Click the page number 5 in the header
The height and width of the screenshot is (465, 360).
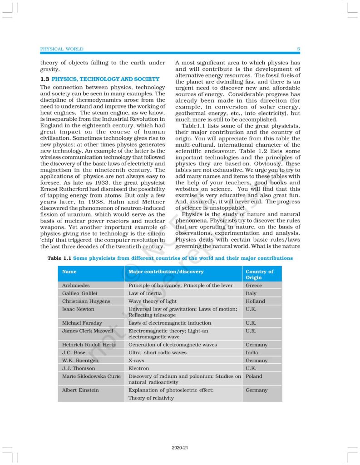pyautogui.click(x=298, y=49)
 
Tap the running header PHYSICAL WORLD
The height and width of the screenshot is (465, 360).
pyautogui.click(x=62, y=49)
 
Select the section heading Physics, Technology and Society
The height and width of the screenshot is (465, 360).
pyautogui.click(x=105, y=79)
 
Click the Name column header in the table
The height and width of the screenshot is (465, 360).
pyautogui.click(x=69, y=272)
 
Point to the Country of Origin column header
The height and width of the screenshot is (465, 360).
pyautogui.click(x=259, y=274)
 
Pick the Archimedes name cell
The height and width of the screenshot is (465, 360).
pyautogui.click(x=76, y=286)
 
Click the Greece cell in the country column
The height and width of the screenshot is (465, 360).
pyautogui.click(x=254, y=286)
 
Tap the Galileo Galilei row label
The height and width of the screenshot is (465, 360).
pyautogui.click(x=80, y=293)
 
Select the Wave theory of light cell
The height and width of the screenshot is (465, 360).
pyautogui.click(x=153, y=301)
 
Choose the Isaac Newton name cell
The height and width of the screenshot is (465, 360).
pyautogui.click(x=78, y=309)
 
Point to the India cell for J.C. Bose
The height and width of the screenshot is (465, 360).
pyautogui.click(x=252, y=352)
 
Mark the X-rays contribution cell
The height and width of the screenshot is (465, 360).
pyautogui.click(x=137, y=361)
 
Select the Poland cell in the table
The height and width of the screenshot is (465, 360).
pyautogui.click(x=254, y=376)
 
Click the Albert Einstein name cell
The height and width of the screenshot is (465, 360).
pyautogui.click(x=80, y=390)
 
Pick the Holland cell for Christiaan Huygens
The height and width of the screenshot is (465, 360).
pyautogui.click(x=256, y=301)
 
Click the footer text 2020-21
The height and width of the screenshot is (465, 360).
pyautogui.click(x=180, y=448)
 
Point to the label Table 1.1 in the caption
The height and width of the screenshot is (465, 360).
pyautogui.click(x=59, y=258)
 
